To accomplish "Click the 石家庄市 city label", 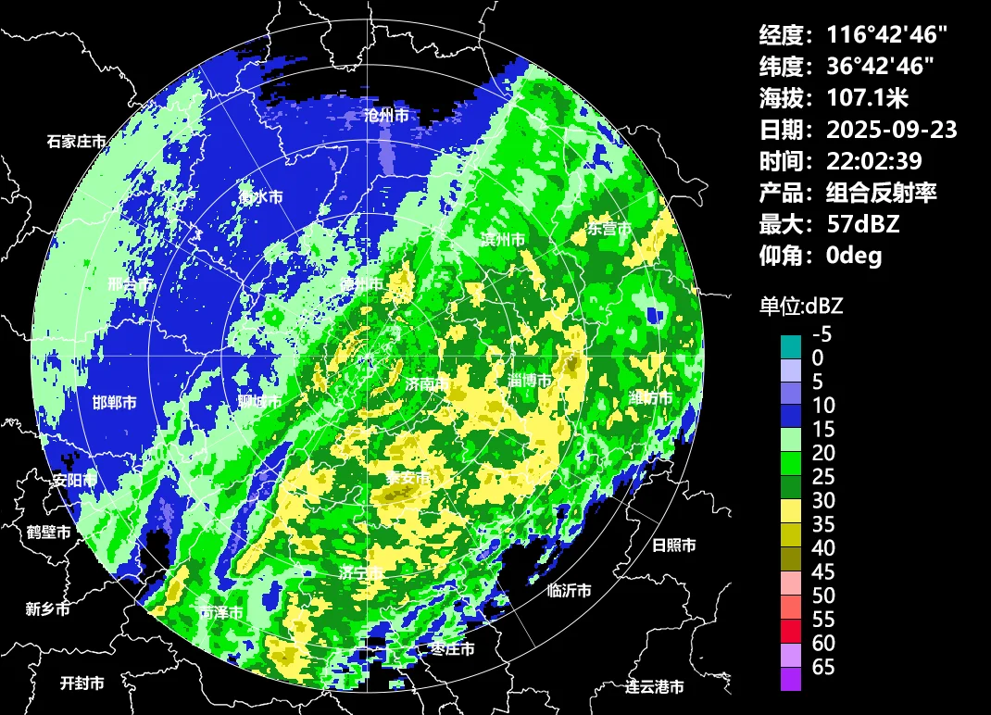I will click(76, 143).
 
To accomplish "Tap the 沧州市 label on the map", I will click(386, 116).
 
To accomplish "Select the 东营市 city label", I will click(609, 229).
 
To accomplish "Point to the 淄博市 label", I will click(530, 381).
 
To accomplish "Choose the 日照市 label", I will click(673, 546).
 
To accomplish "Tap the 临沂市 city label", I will click(569, 590).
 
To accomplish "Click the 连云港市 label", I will click(654, 687).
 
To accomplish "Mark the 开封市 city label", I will click(82, 684).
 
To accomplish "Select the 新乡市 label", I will click(47, 609).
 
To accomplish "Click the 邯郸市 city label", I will click(115, 403).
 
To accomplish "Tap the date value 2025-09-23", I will click(892, 129).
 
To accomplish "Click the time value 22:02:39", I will click(874, 161).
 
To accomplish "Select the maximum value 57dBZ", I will click(863, 223).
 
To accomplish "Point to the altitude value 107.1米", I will click(869, 97).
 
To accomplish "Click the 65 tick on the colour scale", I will click(823, 667).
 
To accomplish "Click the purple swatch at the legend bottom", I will click(791, 679).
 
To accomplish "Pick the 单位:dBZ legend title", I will click(801, 306).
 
